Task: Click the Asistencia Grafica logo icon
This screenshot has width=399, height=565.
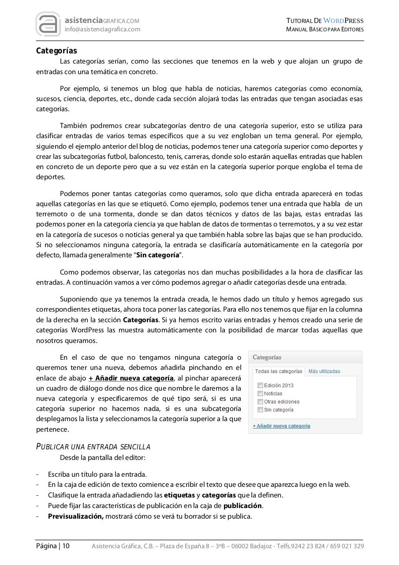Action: [x=48, y=24]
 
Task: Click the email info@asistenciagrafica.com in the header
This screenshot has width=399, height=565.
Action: [x=102, y=30]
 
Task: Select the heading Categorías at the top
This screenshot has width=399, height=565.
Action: [x=56, y=51]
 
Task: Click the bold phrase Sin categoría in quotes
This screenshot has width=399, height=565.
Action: [x=157, y=255]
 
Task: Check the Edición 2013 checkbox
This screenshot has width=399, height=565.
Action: [x=260, y=385]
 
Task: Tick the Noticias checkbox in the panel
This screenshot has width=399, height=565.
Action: [x=260, y=393]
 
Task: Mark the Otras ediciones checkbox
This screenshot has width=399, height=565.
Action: [x=260, y=402]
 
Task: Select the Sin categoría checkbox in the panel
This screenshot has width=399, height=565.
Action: [x=260, y=410]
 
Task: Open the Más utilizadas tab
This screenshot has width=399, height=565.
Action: [x=324, y=371]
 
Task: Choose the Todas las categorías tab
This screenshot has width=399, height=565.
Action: [x=279, y=371]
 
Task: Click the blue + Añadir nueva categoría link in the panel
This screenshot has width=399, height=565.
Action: [x=281, y=426]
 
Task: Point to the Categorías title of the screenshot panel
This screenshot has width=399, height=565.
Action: [x=267, y=357]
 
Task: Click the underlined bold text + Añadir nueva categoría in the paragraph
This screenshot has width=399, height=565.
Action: [x=131, y=378]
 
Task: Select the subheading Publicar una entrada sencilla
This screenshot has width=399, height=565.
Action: [x=93, y=447]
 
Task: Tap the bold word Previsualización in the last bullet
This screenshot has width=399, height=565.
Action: [x=75, y=516]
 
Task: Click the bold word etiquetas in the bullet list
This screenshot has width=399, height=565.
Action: [x=179, y=495]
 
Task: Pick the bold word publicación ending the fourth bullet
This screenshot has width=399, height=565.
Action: [x=242, y=506]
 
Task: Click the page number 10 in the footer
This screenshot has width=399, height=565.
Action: [x=66, y=546]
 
